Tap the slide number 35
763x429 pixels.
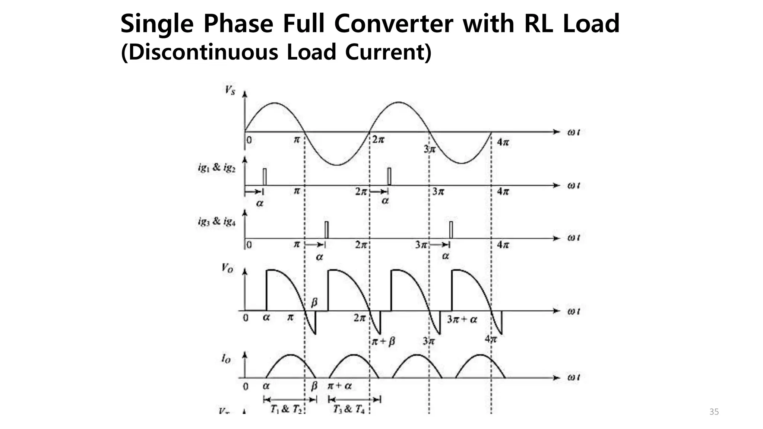[714, 412]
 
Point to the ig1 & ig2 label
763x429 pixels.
[216, 168]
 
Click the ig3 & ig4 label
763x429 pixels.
[216, 222]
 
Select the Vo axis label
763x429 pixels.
[227, 268]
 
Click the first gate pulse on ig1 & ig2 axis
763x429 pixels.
[265, 177]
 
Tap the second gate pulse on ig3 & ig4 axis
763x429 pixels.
[451, 230]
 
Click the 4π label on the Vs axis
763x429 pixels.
[503, 142]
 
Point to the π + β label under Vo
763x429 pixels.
[384, 341]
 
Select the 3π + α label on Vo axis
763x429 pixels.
[462, 320]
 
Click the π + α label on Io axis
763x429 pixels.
[339, 386]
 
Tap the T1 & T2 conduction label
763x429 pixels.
[285, 409]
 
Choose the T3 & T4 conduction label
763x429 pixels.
[348, 409]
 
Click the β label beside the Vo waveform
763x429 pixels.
[314, 302]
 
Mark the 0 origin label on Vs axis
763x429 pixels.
[249, 140]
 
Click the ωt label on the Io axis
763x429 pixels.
[574, 378]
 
